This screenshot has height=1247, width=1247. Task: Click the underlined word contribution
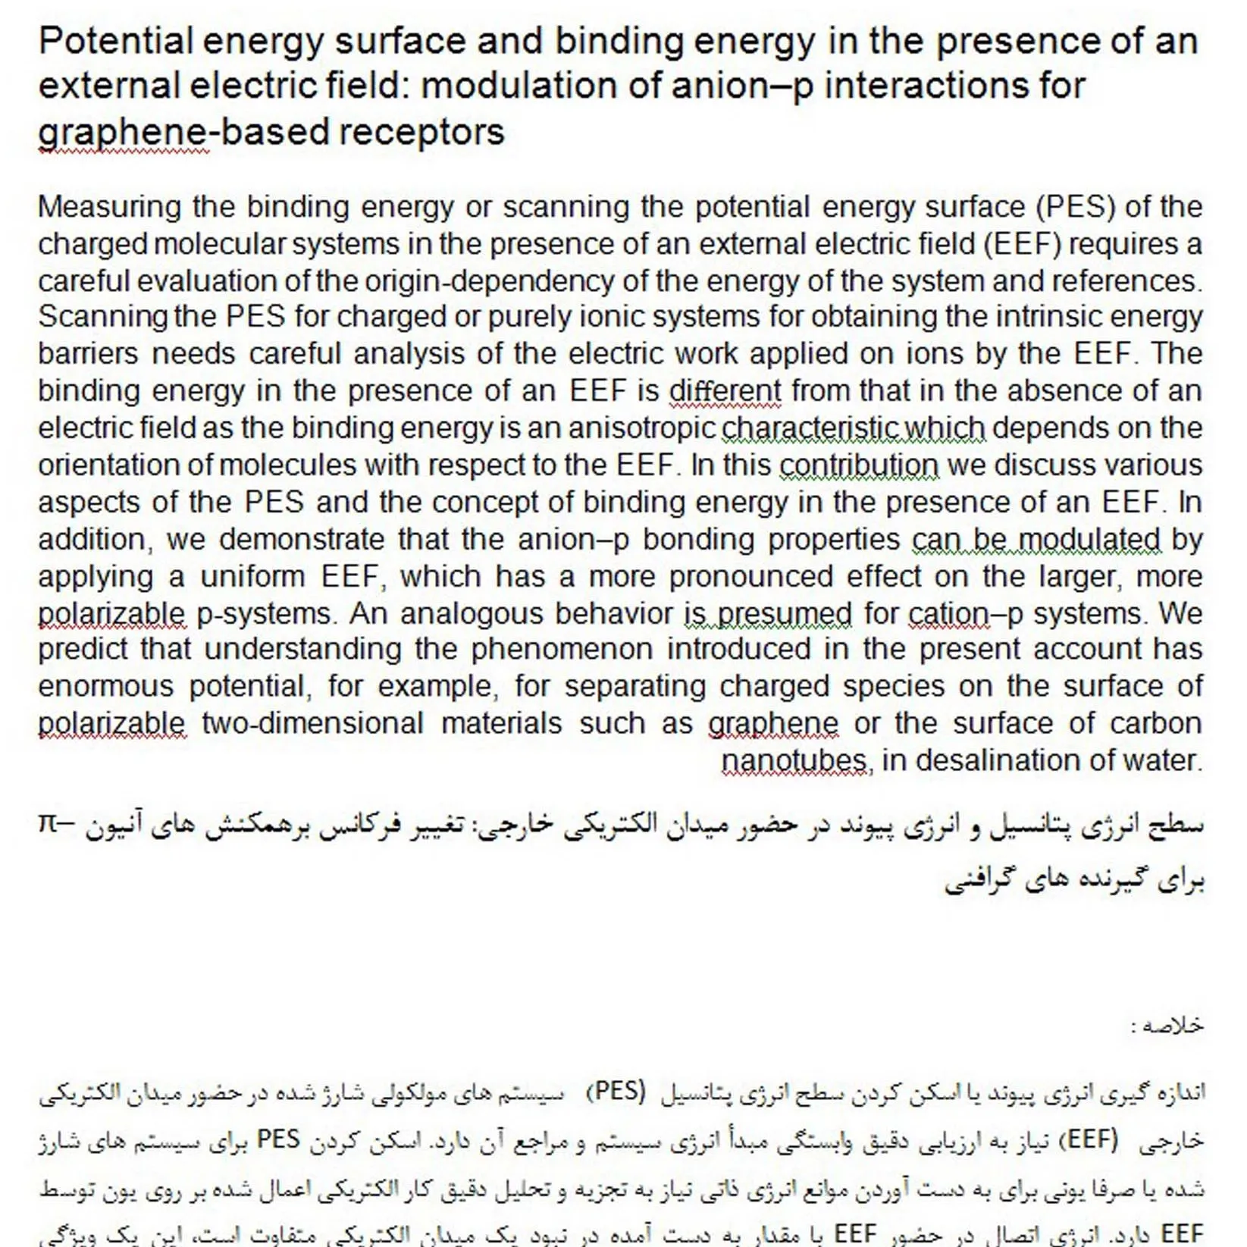coord(859,465)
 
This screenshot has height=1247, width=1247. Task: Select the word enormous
coord(105,688)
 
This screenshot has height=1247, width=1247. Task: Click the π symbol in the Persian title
coord(49,823)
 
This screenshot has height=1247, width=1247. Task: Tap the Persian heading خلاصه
coord(1172,1026)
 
